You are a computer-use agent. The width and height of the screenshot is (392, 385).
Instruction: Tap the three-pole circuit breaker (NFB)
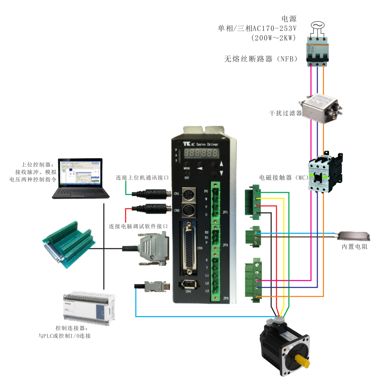coord(317,51)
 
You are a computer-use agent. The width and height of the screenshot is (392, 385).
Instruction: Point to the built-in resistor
coord(354,236)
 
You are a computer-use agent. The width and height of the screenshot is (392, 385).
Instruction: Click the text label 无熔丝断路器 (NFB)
coord(260,59)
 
